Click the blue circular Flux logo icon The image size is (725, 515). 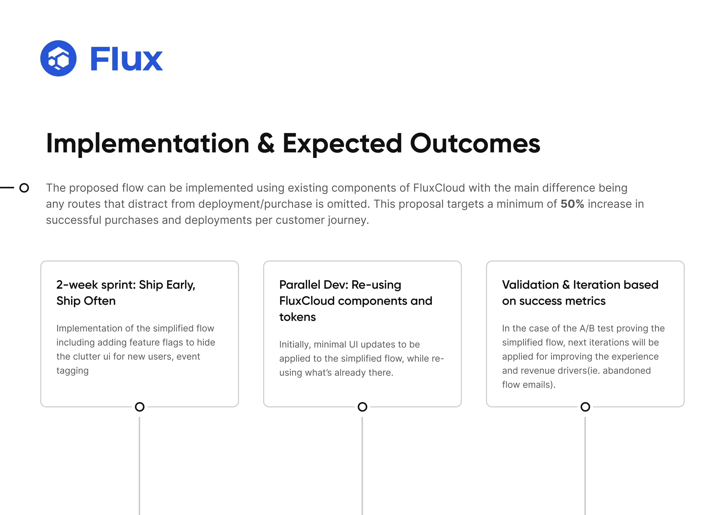point(58,58)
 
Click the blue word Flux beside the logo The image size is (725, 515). point(126,59)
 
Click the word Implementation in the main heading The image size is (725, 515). point(148,144)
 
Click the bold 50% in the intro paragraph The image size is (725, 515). point(572,204)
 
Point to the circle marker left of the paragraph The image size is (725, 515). point(24,188)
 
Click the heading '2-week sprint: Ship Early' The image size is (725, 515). point(126,285)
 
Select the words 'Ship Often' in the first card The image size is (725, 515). point(86,301)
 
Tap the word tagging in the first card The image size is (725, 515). point(72,370)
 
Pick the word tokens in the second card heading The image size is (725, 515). point(298,317)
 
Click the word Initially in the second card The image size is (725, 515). point(294,345)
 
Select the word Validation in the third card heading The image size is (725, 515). point(530,285)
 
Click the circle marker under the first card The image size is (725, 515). point(140,407)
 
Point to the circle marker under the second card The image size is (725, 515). point(362,407)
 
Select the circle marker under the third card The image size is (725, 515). point(585,407)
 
